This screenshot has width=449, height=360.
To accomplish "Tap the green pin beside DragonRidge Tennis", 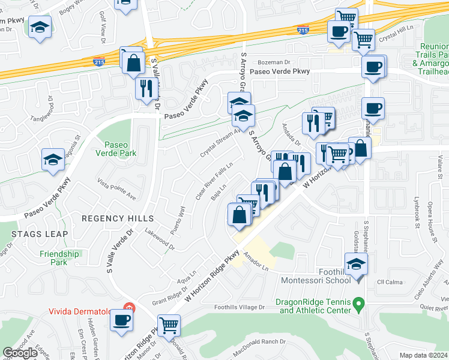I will pos(358,305).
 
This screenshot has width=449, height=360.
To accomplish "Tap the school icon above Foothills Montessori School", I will pos(356,263).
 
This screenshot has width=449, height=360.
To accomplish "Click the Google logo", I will pos(20,353).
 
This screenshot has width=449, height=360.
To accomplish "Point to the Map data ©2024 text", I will pos(423,355).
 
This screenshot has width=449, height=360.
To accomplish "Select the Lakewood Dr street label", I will pos(159,242).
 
